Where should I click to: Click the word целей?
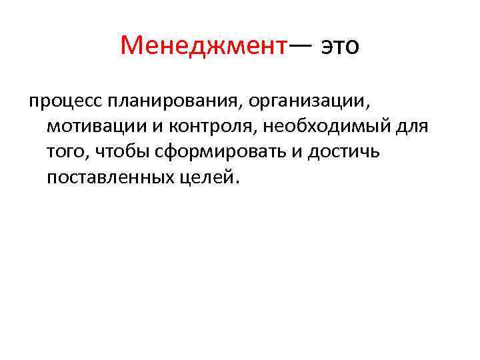(209, 177)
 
